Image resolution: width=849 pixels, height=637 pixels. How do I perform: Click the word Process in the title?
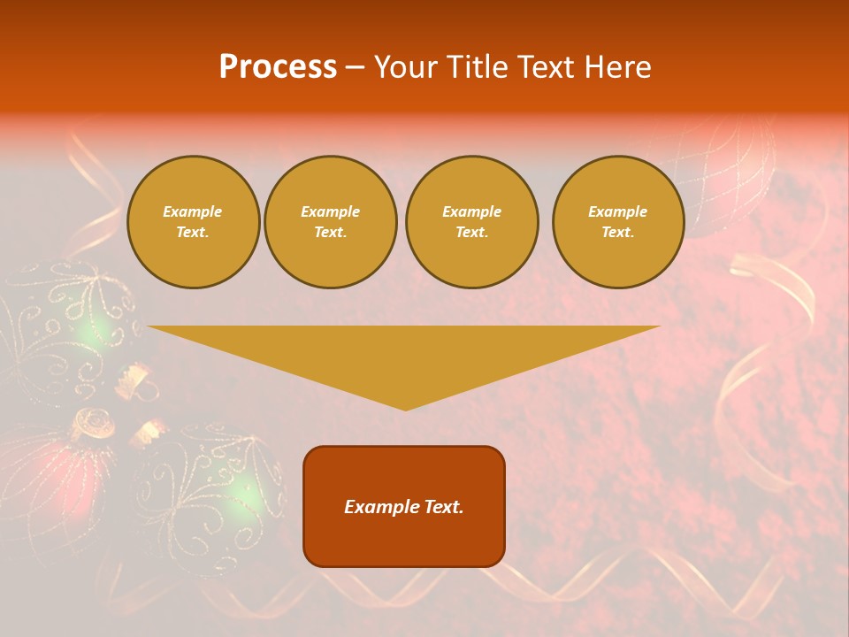coord(278,66)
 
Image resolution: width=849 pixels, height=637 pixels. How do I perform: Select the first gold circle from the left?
coord(194,222)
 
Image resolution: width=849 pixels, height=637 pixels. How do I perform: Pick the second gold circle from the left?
coord(331,222)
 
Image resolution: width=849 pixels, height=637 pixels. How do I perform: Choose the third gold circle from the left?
coord(471,222)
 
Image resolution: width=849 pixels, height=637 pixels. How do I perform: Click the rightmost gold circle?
coord(618,222)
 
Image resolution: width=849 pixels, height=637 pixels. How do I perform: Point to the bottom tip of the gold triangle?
coord(405,410)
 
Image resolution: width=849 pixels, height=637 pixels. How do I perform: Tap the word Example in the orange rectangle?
coord(379,507)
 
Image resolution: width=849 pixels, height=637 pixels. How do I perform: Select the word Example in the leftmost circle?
coord(193,211)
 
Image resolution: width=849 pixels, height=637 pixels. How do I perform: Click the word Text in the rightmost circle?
coord(617,233)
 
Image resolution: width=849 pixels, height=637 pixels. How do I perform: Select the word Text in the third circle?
coord(471,233)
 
